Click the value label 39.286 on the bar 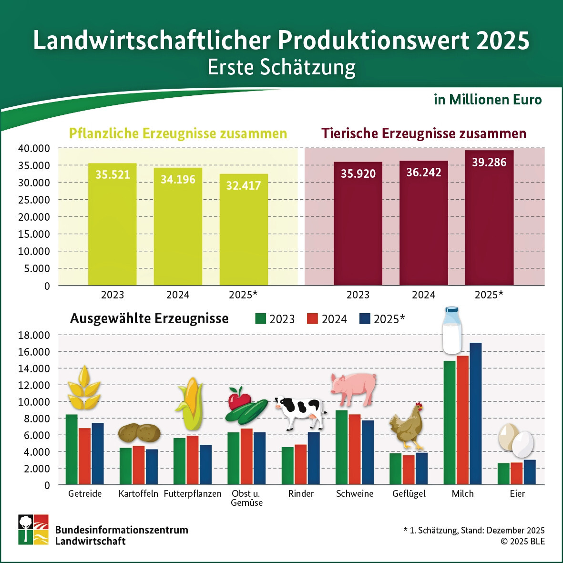(489, 163)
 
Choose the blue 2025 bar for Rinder (314, 458)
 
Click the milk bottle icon (451, 330)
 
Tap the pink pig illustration (354, 389)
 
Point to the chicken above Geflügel (407, 426)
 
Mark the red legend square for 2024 (313, 319)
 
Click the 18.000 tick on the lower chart (34, 335)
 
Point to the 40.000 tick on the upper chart (34, 148)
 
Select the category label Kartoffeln (138, 494)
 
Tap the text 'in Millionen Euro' (488, 100)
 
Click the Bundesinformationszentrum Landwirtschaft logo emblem (33, 529)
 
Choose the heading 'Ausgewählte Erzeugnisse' (149, 318)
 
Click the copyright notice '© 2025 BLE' (522, 542)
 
